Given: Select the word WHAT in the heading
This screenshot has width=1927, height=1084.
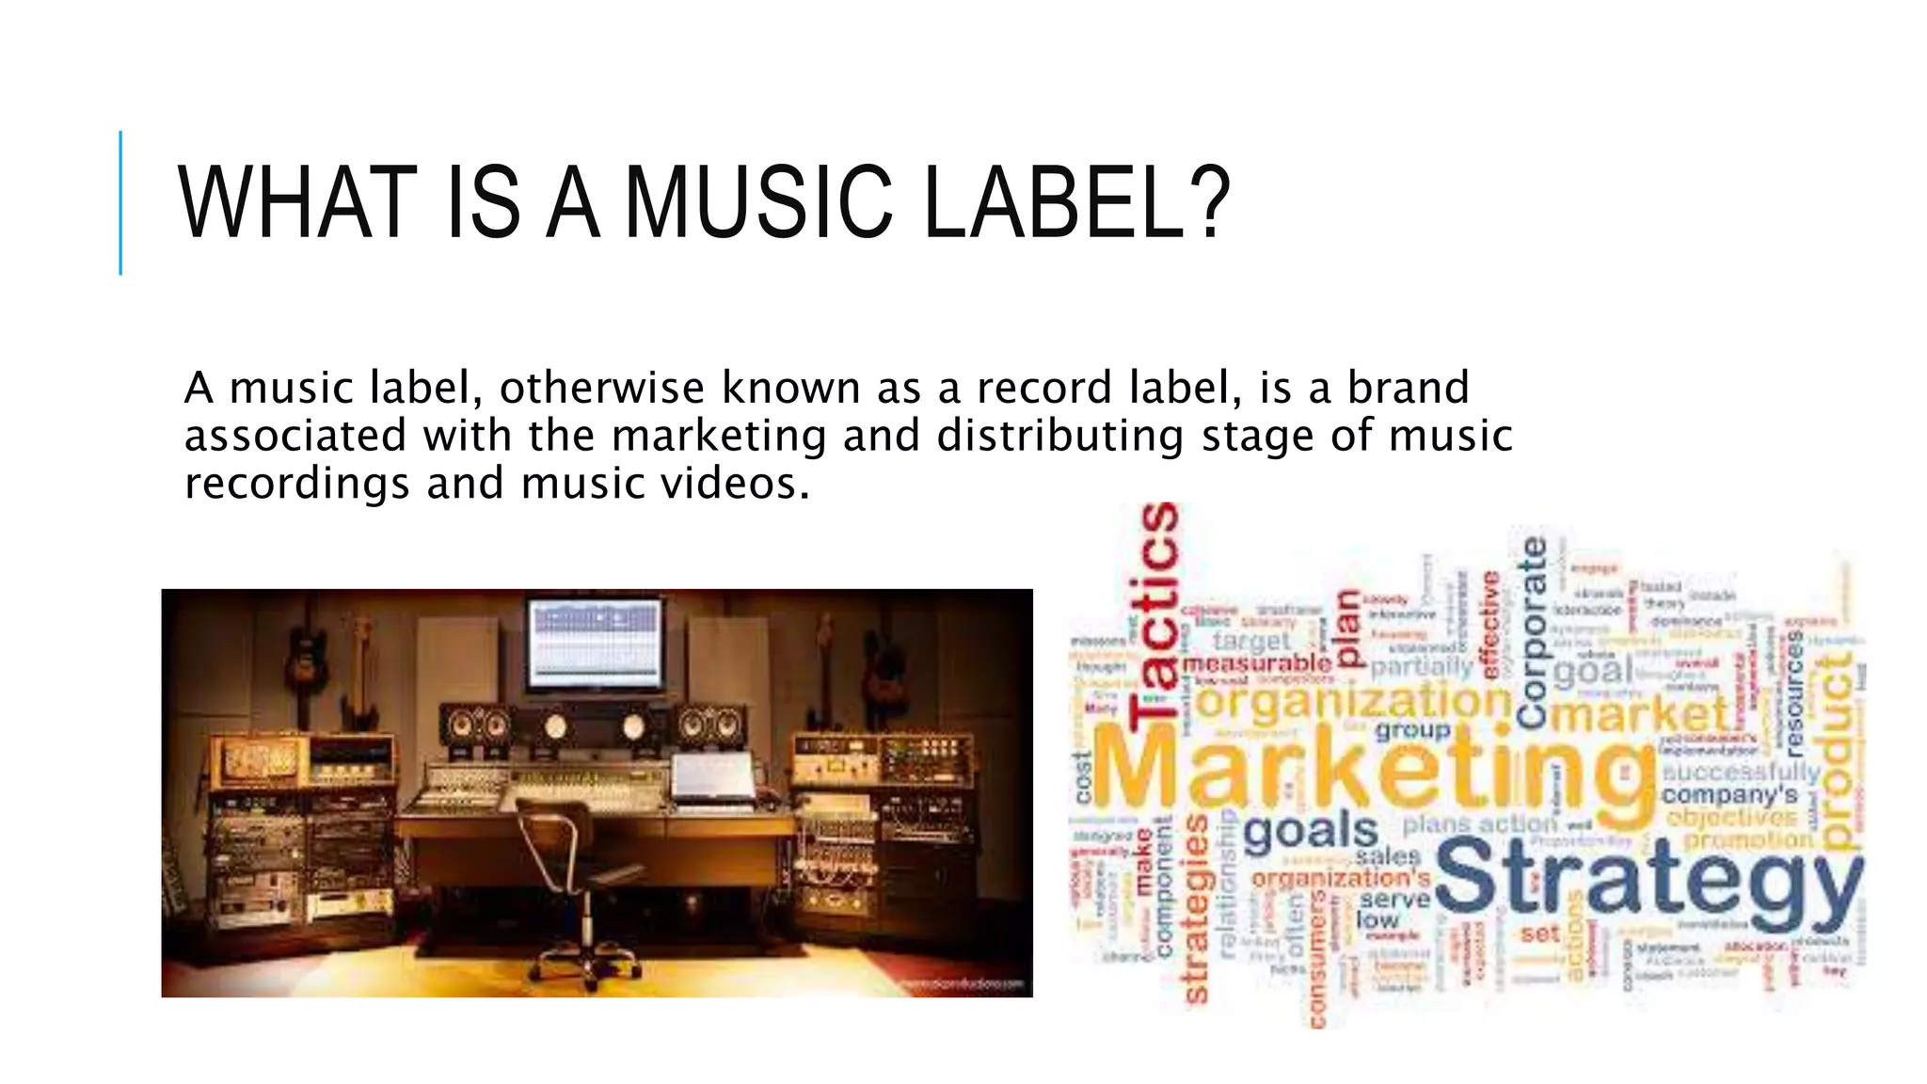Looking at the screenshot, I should pos(297,202).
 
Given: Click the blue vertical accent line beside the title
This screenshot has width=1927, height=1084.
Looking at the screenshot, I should pos(120,202).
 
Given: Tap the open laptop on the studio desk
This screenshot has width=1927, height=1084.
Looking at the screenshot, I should pos(713,778).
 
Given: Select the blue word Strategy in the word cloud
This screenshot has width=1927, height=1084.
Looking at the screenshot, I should pos(1647,877).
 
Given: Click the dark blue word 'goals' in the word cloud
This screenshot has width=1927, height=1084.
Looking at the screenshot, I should pos(1310,831).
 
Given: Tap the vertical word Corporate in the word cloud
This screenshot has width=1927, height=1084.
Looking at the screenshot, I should pos(1533,632).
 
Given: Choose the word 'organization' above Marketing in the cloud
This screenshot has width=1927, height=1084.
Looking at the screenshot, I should pos(1353,701).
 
